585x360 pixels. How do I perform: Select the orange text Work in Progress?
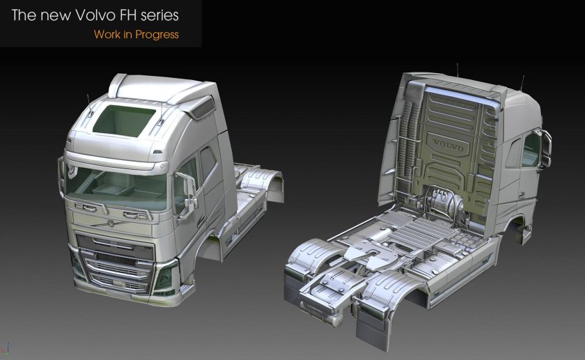[x=136, y=34]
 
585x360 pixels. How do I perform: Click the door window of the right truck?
[x=531, y=149]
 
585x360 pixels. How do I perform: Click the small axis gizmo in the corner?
[x=6, y=346]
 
